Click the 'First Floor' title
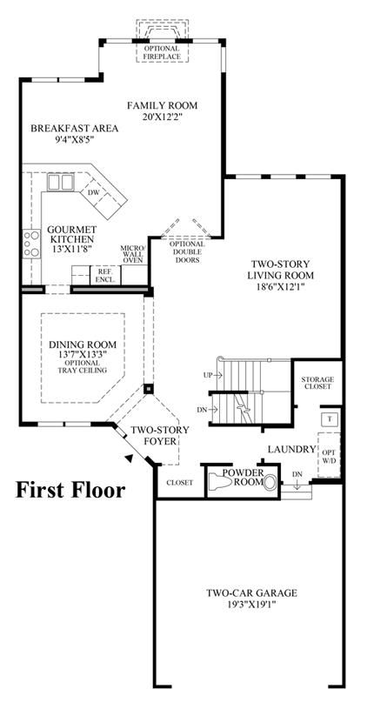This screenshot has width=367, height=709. coord(70,491)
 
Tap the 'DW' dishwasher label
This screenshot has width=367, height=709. coord(93,192)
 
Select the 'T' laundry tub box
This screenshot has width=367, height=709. coord(330,418)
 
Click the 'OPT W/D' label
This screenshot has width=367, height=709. coord(329,455)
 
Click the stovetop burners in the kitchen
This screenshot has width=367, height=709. coord(31,244)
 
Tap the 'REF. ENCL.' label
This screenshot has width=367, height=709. coord(105,277)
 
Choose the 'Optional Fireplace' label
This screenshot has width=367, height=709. coord(163,52)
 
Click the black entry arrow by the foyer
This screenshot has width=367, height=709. coord(130,458)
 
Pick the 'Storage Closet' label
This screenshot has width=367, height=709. coord(317,383)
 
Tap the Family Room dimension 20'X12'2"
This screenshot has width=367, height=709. coord(163,117)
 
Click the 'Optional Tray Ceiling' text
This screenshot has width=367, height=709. coord(82,367)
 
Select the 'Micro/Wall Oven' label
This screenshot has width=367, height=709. coord(132,254)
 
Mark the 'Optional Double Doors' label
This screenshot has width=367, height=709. coord(186,252)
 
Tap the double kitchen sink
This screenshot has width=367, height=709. coord(60,183)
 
